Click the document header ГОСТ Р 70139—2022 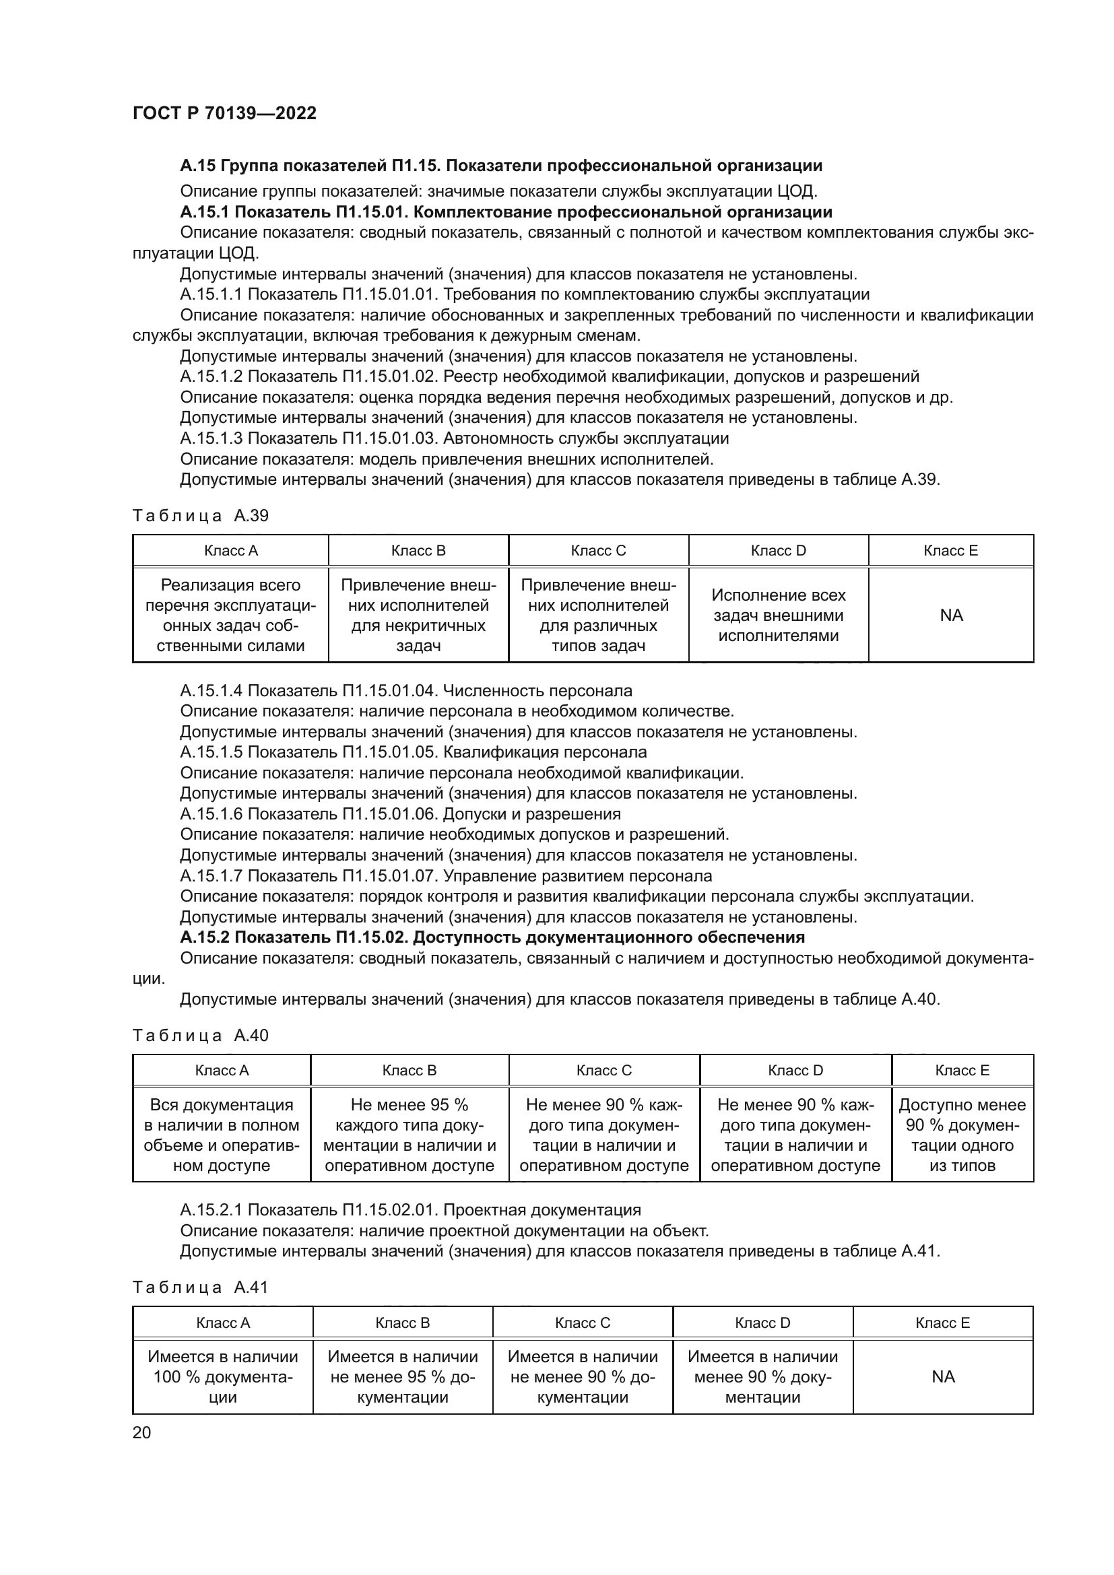(x=224, y=113)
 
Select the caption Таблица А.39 (x=200, y=516)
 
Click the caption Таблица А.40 (x=200, y=1036)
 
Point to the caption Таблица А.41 (x=200, y=1287)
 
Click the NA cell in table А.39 (x=951, y=615)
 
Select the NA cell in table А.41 (x=942, y=1377)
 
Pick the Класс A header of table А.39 (x=230, y=551)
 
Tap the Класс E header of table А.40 (x=962, y=1070)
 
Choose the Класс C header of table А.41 (x=583, y=1322)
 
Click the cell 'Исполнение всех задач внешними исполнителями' (x=779, y=615)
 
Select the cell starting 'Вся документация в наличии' (x=222, y=1135)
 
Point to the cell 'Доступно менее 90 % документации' (x=962, y=1135)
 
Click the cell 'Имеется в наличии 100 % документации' (x=223, y=1377)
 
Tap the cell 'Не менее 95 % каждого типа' (x=409, y=1135)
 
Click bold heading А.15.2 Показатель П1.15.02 (x=492, y=937)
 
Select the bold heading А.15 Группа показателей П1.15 (x=500, y=166)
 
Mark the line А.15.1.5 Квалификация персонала (x=413, y=752)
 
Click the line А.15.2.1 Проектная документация (x=410, y=1210)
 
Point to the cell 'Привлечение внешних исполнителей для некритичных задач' (x=418, y=615)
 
